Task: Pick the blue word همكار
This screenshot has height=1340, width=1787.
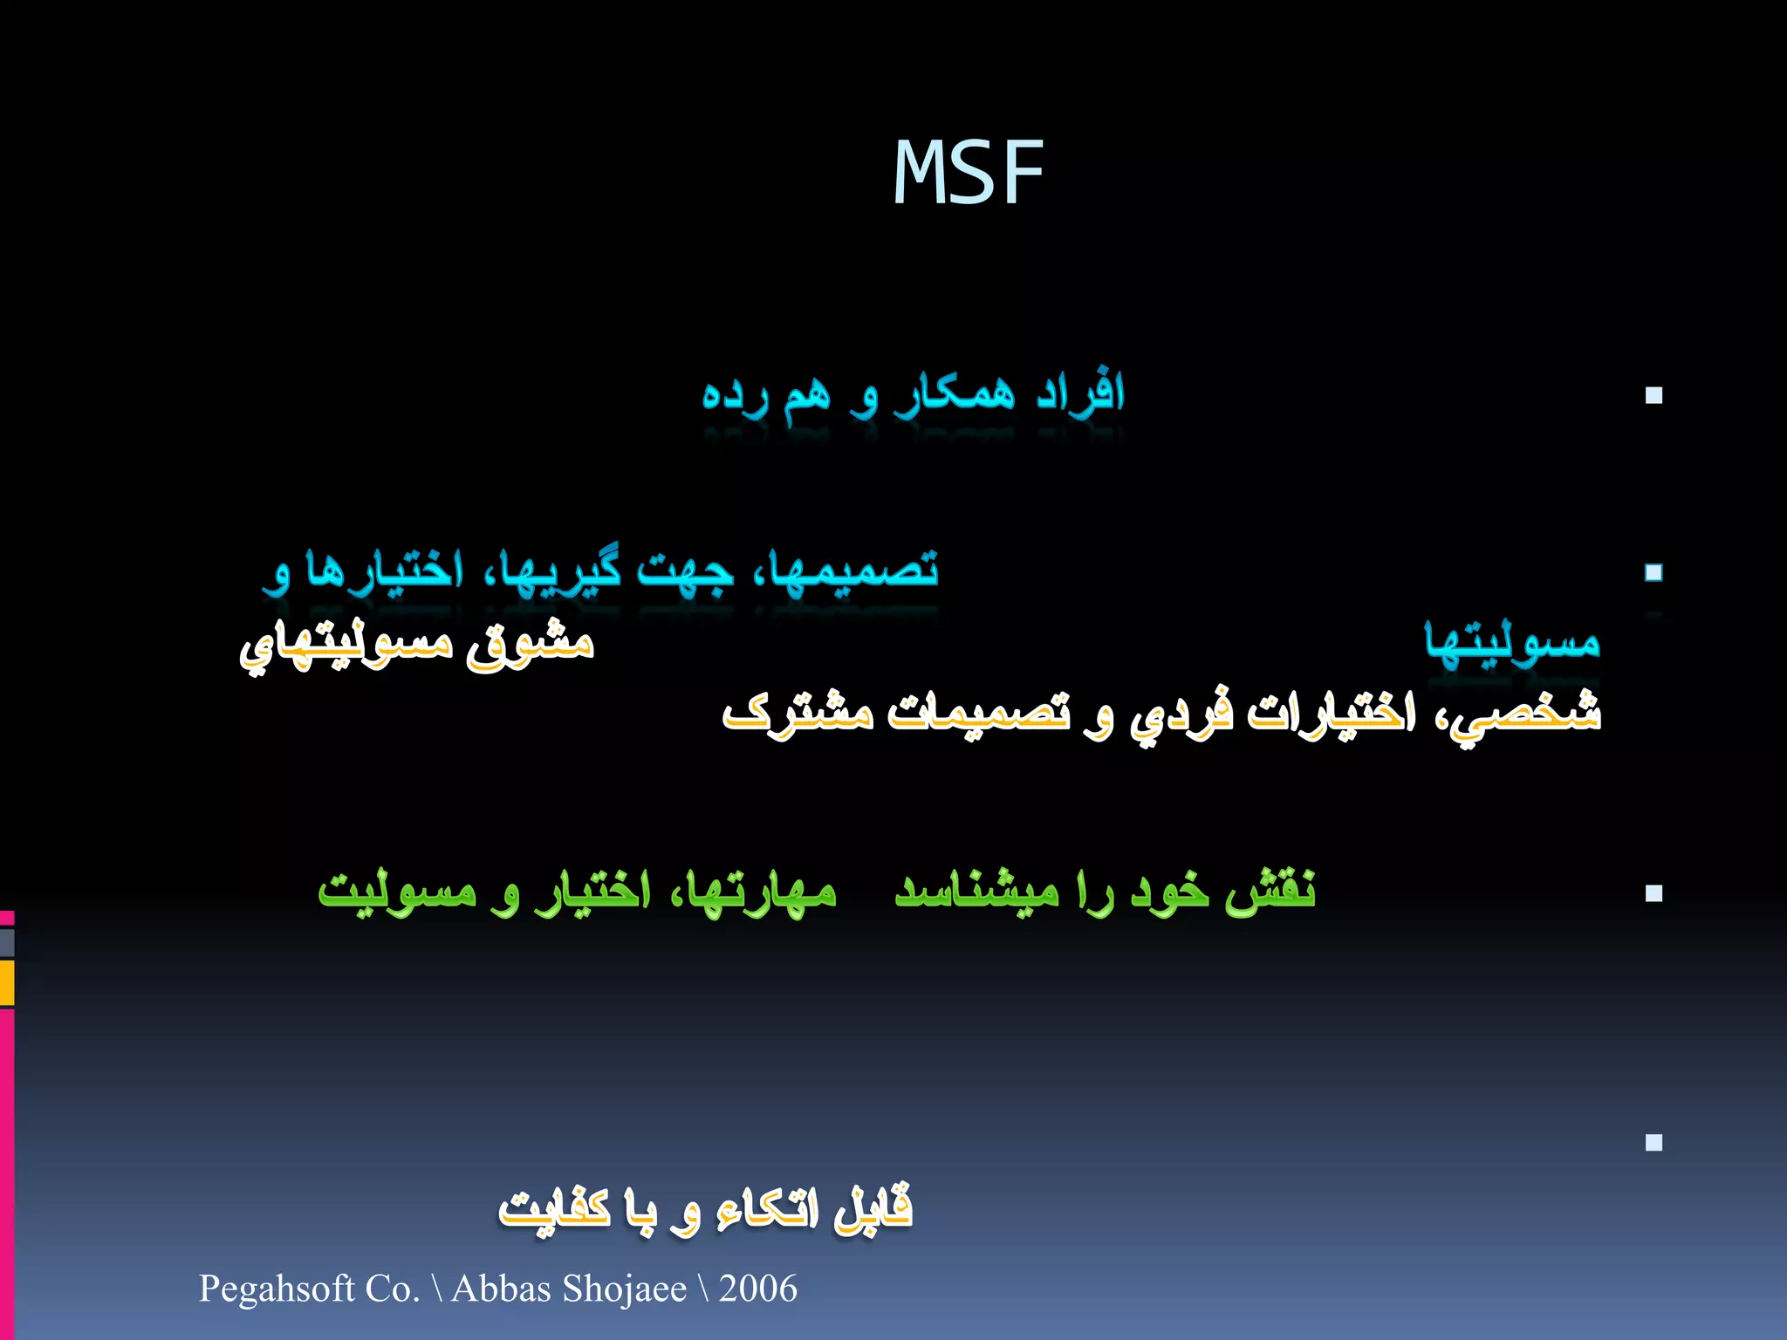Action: pos(955,394)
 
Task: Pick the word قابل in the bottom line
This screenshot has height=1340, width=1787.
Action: pos(872,1209)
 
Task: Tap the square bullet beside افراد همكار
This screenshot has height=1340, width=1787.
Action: pos(1653,395)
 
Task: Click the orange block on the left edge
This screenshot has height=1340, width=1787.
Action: pos(6,982)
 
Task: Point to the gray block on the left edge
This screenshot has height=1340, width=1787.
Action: pos(6,942)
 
